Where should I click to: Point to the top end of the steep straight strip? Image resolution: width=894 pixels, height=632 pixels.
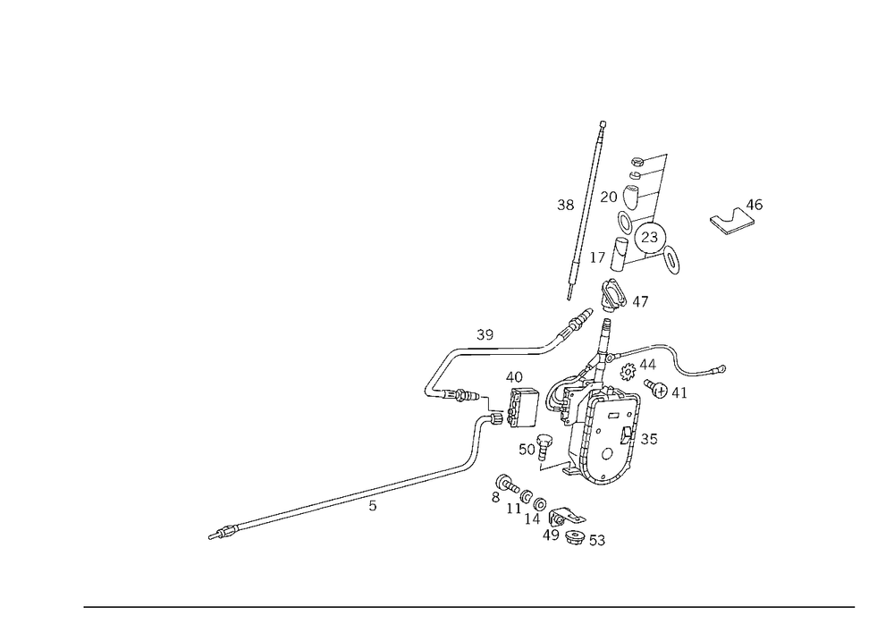tap(603, 121)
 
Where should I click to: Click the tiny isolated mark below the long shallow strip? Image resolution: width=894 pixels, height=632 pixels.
tap(373, 510)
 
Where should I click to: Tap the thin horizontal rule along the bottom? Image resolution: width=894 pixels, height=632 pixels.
tap(469, 606)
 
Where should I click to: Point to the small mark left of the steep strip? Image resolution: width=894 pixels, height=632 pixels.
tap(564, 203)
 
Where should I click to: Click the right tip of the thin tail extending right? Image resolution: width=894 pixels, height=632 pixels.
tap(725, 367)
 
